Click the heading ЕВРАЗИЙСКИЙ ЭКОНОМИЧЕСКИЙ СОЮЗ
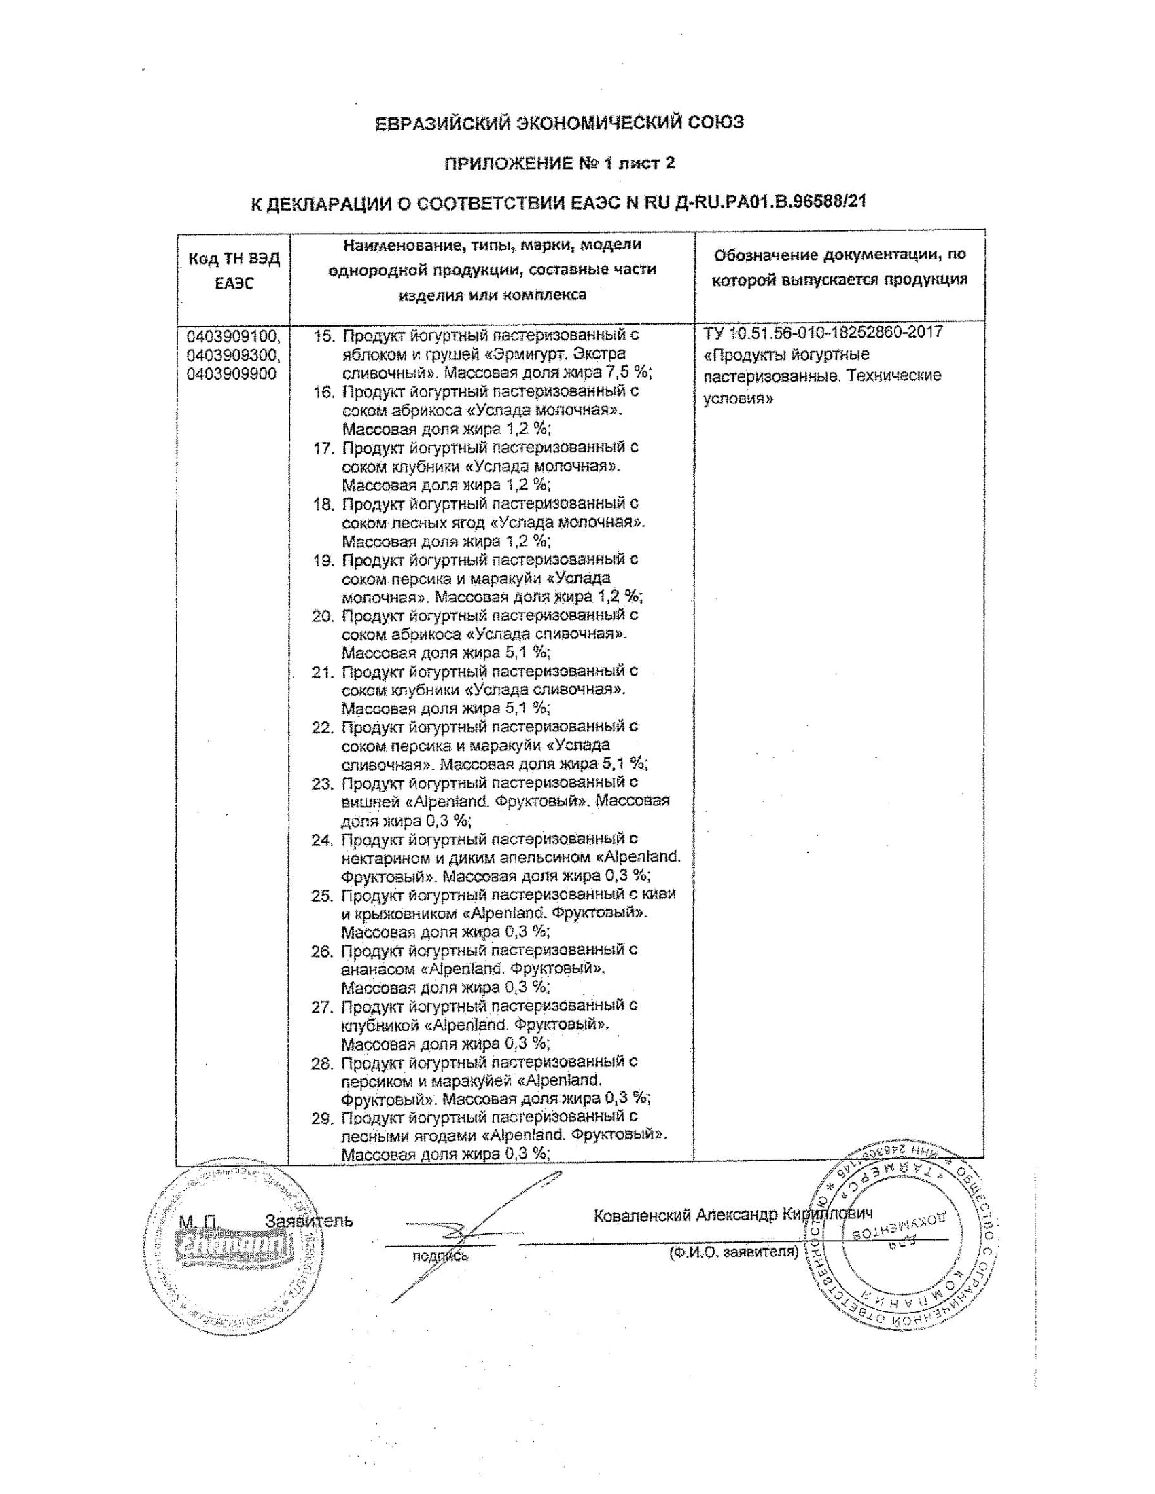(560, 123)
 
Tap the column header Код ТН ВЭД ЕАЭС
(233, 271)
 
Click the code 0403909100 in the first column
(232, 336)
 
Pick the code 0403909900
(231, 373)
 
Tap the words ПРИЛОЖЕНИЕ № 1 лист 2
(560, 163)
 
